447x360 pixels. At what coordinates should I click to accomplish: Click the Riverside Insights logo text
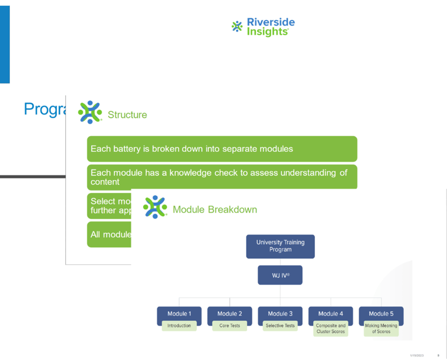[271, 27]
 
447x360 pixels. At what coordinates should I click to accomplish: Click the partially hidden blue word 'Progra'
[44, 109]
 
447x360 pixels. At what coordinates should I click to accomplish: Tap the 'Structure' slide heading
[127, 115]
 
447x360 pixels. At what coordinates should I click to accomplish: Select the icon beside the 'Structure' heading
[90, 112]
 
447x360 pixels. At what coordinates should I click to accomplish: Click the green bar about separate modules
[221, 149]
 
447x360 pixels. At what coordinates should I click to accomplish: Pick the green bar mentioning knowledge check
[221, 176]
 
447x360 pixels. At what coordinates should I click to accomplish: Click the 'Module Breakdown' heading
[214, 209]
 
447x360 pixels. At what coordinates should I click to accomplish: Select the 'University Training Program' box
[280, 246]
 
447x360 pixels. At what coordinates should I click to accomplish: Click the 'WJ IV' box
[280, 275]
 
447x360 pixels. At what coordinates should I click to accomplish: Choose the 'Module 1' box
[179, 314]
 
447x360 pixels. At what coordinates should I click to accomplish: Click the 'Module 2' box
[230, 314]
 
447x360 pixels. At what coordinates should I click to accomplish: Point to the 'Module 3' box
[280, 314]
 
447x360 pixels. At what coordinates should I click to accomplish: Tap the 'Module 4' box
[331, 314]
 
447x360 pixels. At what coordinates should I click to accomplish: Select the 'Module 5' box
[381, 314]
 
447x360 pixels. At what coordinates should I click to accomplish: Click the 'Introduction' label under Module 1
[179, 326]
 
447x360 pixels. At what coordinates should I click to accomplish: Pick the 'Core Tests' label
[230, 326]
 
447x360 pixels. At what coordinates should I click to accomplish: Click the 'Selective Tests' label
[280, 326]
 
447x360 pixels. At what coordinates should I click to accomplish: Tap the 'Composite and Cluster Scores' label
[331, 328]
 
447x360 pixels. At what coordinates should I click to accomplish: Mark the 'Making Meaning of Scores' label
[381, 328]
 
